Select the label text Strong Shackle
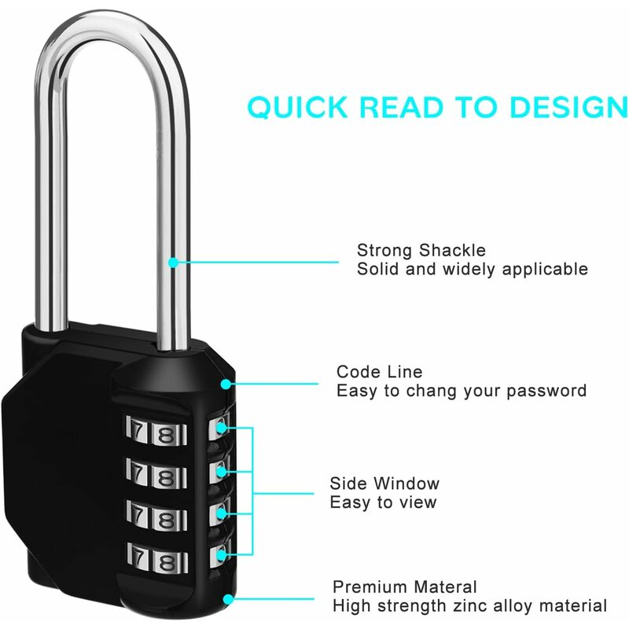click(x=421, y=250)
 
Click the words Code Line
click(x=379, y=372)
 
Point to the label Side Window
click(x=384, y=484)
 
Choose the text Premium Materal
click(x=405, y=587)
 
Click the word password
click(x=549, y=391)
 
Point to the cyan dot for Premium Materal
click(x=228, y=600)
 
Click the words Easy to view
click(x=383, y=502)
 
